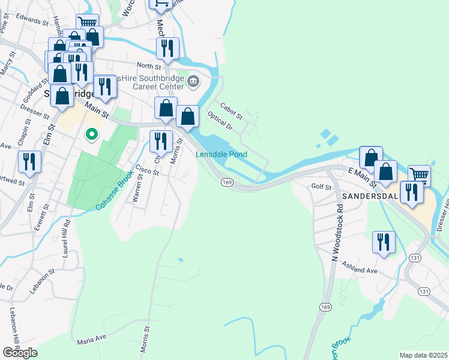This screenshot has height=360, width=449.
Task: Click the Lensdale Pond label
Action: pos(221,154)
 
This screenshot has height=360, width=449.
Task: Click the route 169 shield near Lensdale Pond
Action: pos(226,182)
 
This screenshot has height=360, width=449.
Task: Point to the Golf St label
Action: pos(321,187)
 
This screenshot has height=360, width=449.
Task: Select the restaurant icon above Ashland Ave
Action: pos(384,242)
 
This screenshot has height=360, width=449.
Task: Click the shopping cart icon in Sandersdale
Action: pos(419,175)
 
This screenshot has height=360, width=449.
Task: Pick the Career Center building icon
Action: pos(193,82)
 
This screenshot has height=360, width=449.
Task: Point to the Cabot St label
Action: pos(231,110)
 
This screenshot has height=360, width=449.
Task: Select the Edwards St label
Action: pos(32,20)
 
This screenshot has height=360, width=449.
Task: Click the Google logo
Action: pos(20,352)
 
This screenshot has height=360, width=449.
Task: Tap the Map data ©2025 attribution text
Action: pos(423,355)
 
